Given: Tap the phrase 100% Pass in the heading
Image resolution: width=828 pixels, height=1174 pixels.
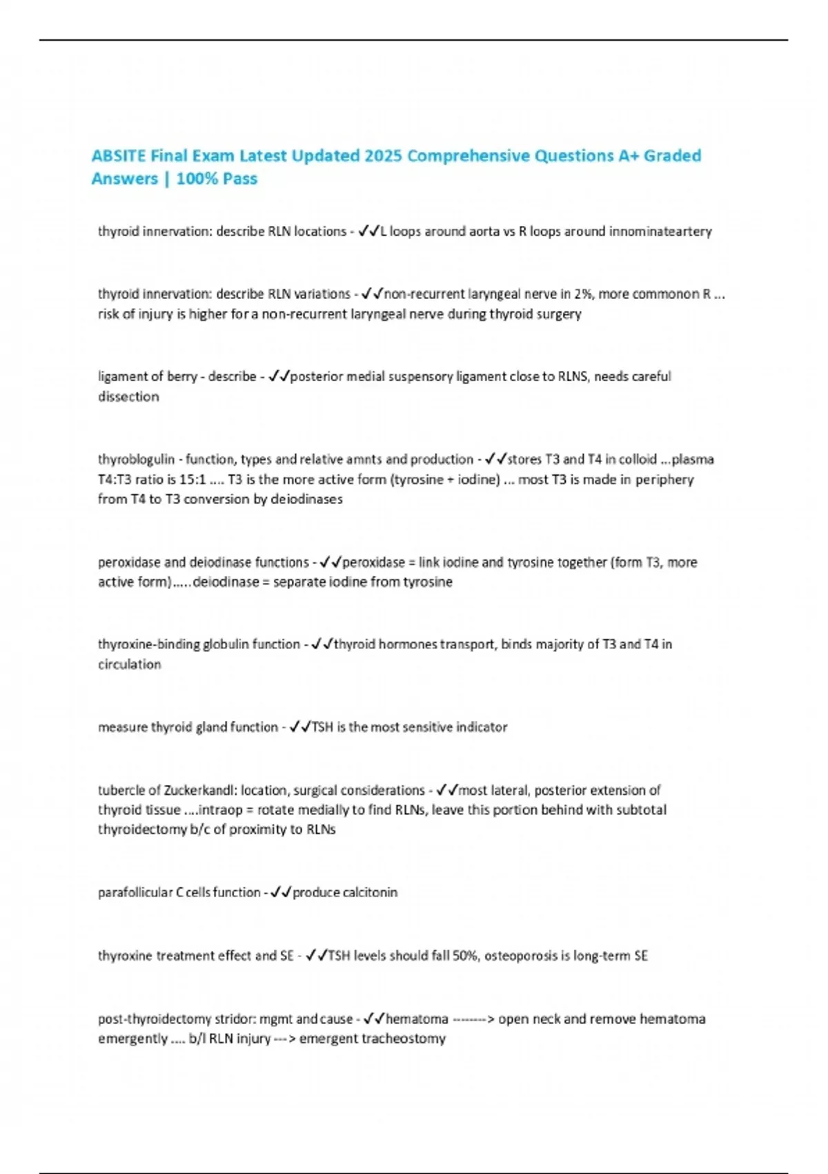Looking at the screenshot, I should tap(217, 179).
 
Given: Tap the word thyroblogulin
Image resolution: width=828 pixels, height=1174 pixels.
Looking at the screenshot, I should tap(136, 459).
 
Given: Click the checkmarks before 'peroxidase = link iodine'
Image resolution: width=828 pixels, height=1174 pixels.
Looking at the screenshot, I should tap(331, 562).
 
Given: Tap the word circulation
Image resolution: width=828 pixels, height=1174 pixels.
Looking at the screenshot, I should tap(129, 664).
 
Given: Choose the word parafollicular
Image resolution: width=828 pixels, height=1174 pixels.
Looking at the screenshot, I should tap(135, 892).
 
